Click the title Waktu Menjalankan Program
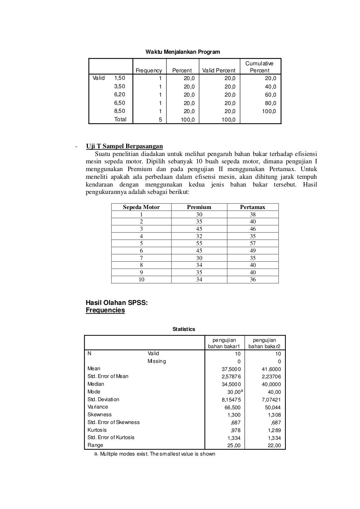(x=182, y=52)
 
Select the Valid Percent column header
(x=219, y=71)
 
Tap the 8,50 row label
(x=120, y=111)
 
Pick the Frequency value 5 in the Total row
(x=160, y=120)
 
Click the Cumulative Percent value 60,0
(x=270, y=95)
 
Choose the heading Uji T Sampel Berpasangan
(x=124, y=146)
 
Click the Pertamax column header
(x=252, y=207)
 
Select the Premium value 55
(x=199, y=243)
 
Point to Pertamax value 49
(x=252, y=251)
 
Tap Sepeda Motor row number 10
(x=141, y=280)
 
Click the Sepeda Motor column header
(x=141, y=207)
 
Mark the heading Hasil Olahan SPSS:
(x=117, y=303)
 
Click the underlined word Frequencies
(x=105, y=311)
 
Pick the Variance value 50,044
(x=273, y=407)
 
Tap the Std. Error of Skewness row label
(x=113, y=422)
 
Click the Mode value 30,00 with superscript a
(x=234, y=392)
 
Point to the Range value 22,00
(x=274, y=446)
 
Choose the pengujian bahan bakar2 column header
(x=264, y=343)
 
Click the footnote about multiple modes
(x=155, y=454)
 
